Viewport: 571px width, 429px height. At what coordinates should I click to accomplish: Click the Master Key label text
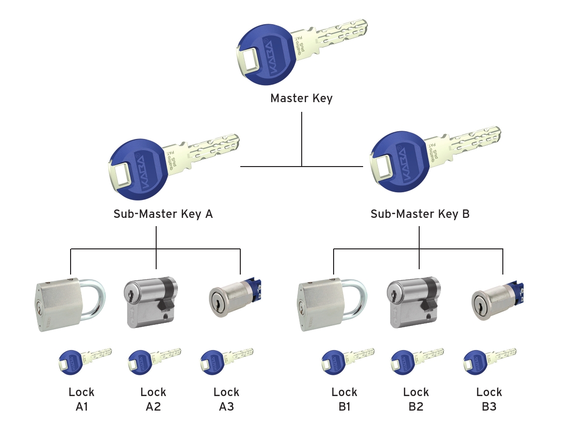coord(301,99)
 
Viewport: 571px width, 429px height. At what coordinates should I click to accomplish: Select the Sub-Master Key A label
coord(163,214)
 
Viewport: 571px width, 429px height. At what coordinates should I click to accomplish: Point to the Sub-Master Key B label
coord(420,214)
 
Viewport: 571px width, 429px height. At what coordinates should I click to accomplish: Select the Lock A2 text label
coord(153,399)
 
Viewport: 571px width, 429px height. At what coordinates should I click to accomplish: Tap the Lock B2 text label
coord(415,399)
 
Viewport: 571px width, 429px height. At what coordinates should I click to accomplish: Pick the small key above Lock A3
coord(225,360)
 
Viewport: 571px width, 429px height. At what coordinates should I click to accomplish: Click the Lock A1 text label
coord(81,399)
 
